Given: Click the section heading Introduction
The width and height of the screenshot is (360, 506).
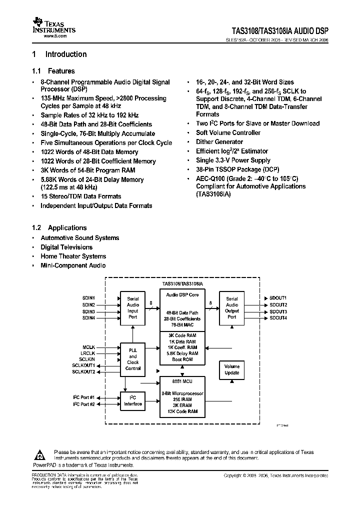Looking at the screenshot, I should click(x=65, y=54).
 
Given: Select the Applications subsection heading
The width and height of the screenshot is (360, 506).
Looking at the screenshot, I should click(x=67, y=228).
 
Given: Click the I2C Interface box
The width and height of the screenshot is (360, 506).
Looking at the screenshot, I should click(x=133, y=401).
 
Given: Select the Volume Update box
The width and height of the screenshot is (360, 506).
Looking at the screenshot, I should click(x=232, y=370).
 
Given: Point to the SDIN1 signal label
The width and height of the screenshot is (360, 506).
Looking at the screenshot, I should click(x=88, y=298).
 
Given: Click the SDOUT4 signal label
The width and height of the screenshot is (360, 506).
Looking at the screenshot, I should click(x=278, y=318).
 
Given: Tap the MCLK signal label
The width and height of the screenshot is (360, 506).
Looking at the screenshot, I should click(x=88, y=347).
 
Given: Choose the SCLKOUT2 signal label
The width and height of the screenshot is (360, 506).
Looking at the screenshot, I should click(x=83, y=371).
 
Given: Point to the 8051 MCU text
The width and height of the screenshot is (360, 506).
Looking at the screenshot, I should click(x=182, y=381).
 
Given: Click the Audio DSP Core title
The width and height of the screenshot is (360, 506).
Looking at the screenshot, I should click(x=182, y=295).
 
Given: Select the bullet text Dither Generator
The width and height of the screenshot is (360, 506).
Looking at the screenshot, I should click(x=219, y=142).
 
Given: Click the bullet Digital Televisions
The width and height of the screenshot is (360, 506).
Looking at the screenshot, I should click(x=66, y=247).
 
